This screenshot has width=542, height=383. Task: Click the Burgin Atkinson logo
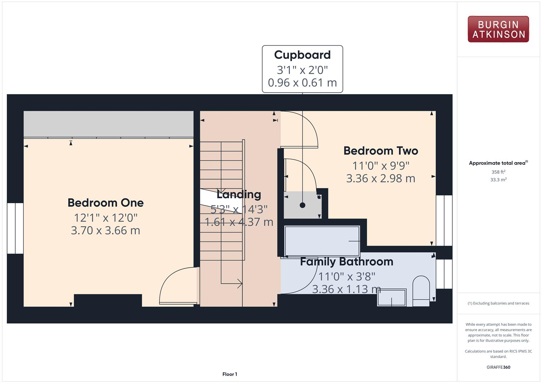point(498,29)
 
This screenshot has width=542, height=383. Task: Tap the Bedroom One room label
point(105,202)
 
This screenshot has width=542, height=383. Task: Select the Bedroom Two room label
point(381,151)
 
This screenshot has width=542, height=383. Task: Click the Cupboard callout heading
point(302,55)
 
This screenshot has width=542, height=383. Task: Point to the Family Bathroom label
point(346,262)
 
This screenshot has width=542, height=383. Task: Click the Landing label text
point(239,194)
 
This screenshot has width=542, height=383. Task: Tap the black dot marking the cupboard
point(302,205)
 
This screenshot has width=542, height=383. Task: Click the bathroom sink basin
point(392,298)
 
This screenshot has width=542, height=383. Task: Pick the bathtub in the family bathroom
point(322,241)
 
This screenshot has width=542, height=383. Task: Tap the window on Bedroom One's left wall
point(15,228)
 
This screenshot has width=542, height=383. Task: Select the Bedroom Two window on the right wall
point(444,220)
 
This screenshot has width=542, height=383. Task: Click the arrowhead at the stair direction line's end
point(240,283)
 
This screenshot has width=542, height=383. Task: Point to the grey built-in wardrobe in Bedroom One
point(108,124)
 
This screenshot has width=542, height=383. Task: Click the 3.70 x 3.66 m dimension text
point(105,231)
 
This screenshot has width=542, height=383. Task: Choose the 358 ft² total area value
point(498,172)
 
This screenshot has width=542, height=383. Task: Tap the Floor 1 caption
point(230,374)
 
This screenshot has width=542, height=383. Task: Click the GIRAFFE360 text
point(498,367)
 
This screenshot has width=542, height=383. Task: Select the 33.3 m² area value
point(498,180)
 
